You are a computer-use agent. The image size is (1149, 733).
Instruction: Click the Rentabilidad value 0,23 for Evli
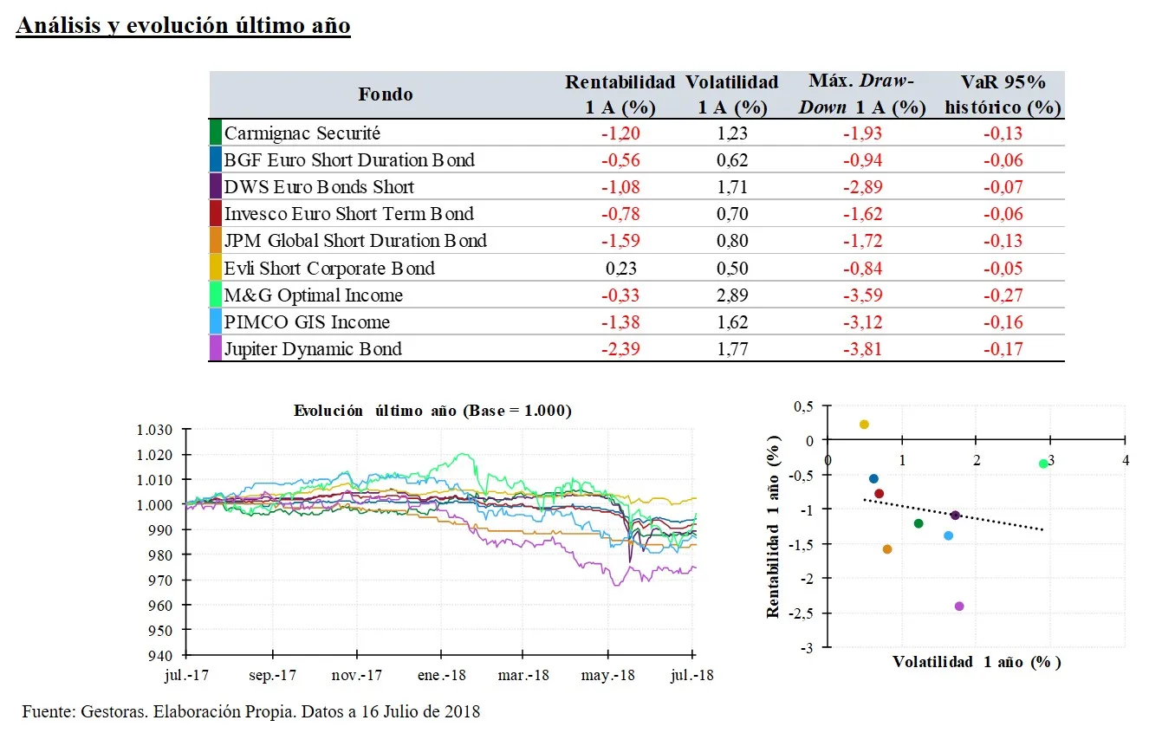coord(620,268)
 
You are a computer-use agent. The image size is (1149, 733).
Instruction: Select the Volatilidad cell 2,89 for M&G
coord(732,295)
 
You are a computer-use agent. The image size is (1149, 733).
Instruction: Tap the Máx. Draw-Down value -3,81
coord(863,348)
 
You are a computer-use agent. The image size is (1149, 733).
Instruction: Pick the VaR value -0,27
coord(1003,295)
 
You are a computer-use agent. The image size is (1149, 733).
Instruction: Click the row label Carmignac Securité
coord(302,133)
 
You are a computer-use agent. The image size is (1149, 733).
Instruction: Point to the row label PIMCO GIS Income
coord(307,321)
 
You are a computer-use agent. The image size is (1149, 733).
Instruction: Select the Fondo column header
coord(386,94)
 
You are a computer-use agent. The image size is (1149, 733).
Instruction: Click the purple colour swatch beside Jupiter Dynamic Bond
coord(215,348)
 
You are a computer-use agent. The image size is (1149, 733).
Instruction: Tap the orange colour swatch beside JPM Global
coord(215,241)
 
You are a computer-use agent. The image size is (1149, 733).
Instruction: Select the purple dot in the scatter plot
coord(959,607)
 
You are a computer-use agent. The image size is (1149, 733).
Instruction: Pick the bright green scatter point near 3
coord(1043,464)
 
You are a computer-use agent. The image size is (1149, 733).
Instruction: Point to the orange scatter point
coord(887,549)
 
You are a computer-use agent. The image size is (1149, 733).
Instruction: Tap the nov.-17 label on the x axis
coord(358,674)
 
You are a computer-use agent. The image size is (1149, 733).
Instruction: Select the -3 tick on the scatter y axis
coord(808,647)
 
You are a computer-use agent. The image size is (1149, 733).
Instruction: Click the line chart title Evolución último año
coord(432,411)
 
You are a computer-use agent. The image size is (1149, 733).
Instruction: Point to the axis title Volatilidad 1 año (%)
coord(977,662)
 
